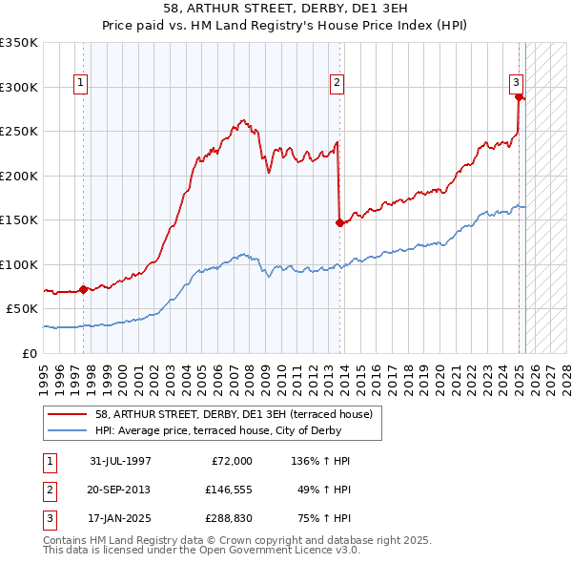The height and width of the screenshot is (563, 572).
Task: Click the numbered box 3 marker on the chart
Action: pos(515,82)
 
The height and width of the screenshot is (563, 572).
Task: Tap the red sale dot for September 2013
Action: pos(339,222)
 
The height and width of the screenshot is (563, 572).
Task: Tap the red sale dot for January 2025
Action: pos(518,96)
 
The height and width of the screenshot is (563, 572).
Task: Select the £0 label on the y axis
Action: pos(29,353)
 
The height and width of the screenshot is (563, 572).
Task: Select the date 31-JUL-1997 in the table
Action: pos(120,461)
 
